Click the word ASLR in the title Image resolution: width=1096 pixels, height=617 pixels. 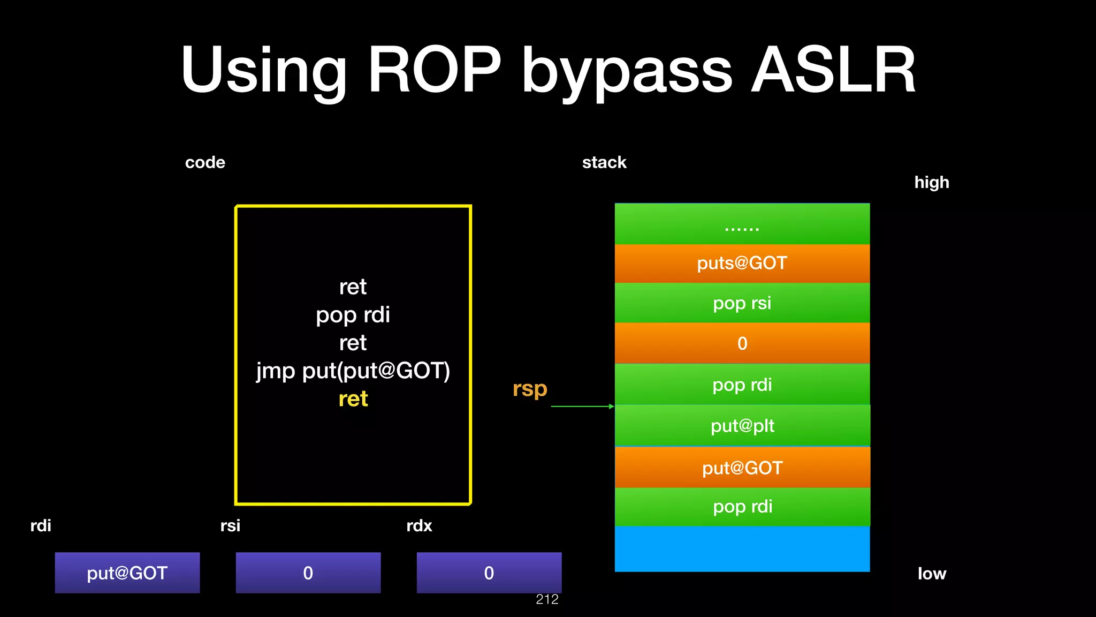(833, 70)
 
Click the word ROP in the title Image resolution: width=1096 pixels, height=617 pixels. (435, 70)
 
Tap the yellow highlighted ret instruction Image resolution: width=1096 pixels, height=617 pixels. (353, 399)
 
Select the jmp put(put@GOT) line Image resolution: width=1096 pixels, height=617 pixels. (353, 371)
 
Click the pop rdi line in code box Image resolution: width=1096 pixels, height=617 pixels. (353, 315)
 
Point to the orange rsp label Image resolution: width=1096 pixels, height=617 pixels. (530, 388)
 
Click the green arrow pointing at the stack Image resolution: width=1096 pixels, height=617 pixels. (582, 407)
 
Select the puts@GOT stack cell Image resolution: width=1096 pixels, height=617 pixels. (742, 264)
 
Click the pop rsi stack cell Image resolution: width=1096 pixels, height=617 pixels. (742, 303)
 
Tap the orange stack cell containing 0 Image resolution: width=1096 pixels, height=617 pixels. (742, 343)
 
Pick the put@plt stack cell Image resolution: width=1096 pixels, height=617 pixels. (742, 426)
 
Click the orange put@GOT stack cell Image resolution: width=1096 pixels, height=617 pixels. (742, 468)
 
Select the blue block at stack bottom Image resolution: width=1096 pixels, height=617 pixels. (742, 549)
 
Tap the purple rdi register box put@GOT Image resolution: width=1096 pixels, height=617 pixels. (127, 573)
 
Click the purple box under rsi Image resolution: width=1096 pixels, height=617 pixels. (308, 573)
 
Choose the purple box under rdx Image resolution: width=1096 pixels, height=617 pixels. (489, 573)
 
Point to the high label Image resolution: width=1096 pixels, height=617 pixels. (932, 183)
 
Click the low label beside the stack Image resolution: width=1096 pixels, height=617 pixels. (932, 574)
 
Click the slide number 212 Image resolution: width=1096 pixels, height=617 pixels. (547, 599)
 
